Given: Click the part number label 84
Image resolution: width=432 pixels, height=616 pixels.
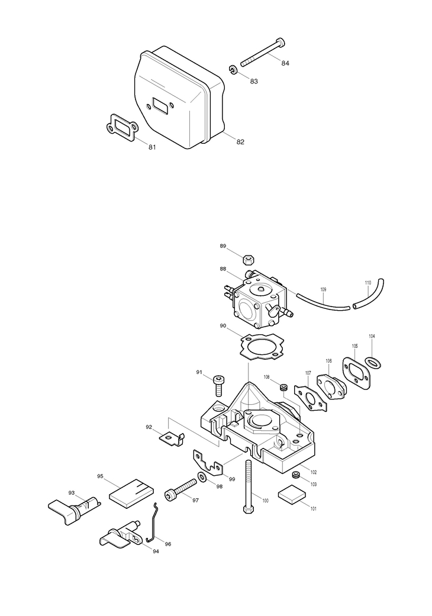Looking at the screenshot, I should [x=285, y=63].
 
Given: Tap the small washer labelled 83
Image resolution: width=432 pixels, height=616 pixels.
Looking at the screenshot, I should [x=234, y=70].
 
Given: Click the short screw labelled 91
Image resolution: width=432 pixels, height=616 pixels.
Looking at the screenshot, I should [x=218, y=383].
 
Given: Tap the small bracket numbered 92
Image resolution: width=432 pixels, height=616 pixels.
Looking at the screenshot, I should [x=172, y=438].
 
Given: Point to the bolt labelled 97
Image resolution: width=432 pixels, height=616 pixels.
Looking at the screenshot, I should [x=180, y=488].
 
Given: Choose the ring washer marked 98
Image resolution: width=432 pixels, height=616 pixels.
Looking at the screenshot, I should [x=202, y=477].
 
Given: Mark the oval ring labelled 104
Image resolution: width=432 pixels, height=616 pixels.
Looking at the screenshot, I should [x=372, y=360].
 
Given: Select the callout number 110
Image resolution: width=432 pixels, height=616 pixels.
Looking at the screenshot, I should [x=367, y=283].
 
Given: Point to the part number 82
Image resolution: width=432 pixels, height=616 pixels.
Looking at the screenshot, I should [x=240, y=142].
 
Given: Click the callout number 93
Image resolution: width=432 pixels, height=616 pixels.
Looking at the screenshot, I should [x=72, y=492].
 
